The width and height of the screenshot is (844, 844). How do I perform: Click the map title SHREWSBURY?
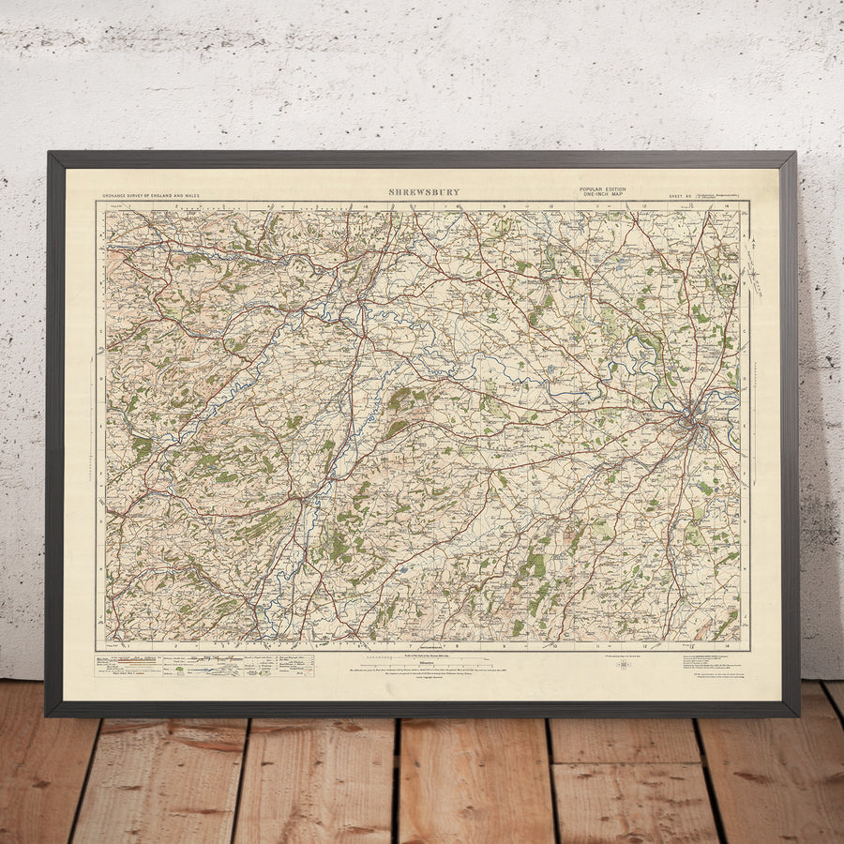pyautogui.click(x=424, y=192)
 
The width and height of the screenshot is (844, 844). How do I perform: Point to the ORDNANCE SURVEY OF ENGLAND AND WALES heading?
pyautogui.click(x=151, y=196)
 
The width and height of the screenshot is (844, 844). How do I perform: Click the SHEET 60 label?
pyautogui.click(x=680, y=196)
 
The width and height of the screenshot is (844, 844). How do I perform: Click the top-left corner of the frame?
pyautogui.click(x=49, y=154)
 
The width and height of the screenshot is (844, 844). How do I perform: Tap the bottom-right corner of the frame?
pyautogui.click(x=797, y=715)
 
